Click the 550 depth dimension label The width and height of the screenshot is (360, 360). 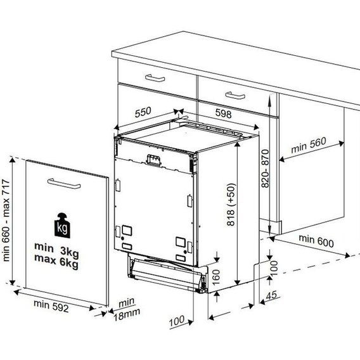coord(143,112)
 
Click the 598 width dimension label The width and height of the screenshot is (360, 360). coord(223,113)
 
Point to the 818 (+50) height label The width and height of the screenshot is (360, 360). coord(231,204)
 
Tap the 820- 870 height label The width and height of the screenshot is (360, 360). coord(265,169)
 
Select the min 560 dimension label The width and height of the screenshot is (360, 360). coord(308,145)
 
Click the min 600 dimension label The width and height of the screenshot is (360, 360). coord(316,241)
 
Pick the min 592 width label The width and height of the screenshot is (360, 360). coord(51,306)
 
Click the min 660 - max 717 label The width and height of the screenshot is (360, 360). coord(6,221)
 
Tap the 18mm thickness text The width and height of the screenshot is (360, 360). coord(127,316)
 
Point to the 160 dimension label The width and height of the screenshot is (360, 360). coord(216,277)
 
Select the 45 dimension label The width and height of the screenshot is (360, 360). coord(271,295)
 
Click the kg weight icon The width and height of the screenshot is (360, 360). coord(62,226)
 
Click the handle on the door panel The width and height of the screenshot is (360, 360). coord(64,184)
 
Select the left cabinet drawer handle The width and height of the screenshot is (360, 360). coord(155,78)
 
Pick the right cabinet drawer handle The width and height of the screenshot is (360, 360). coord(235,95)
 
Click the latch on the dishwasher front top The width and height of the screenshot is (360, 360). coord(153,160)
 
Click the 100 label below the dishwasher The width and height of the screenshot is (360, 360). coord(176,321)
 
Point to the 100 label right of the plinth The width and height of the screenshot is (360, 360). coord(274,268)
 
